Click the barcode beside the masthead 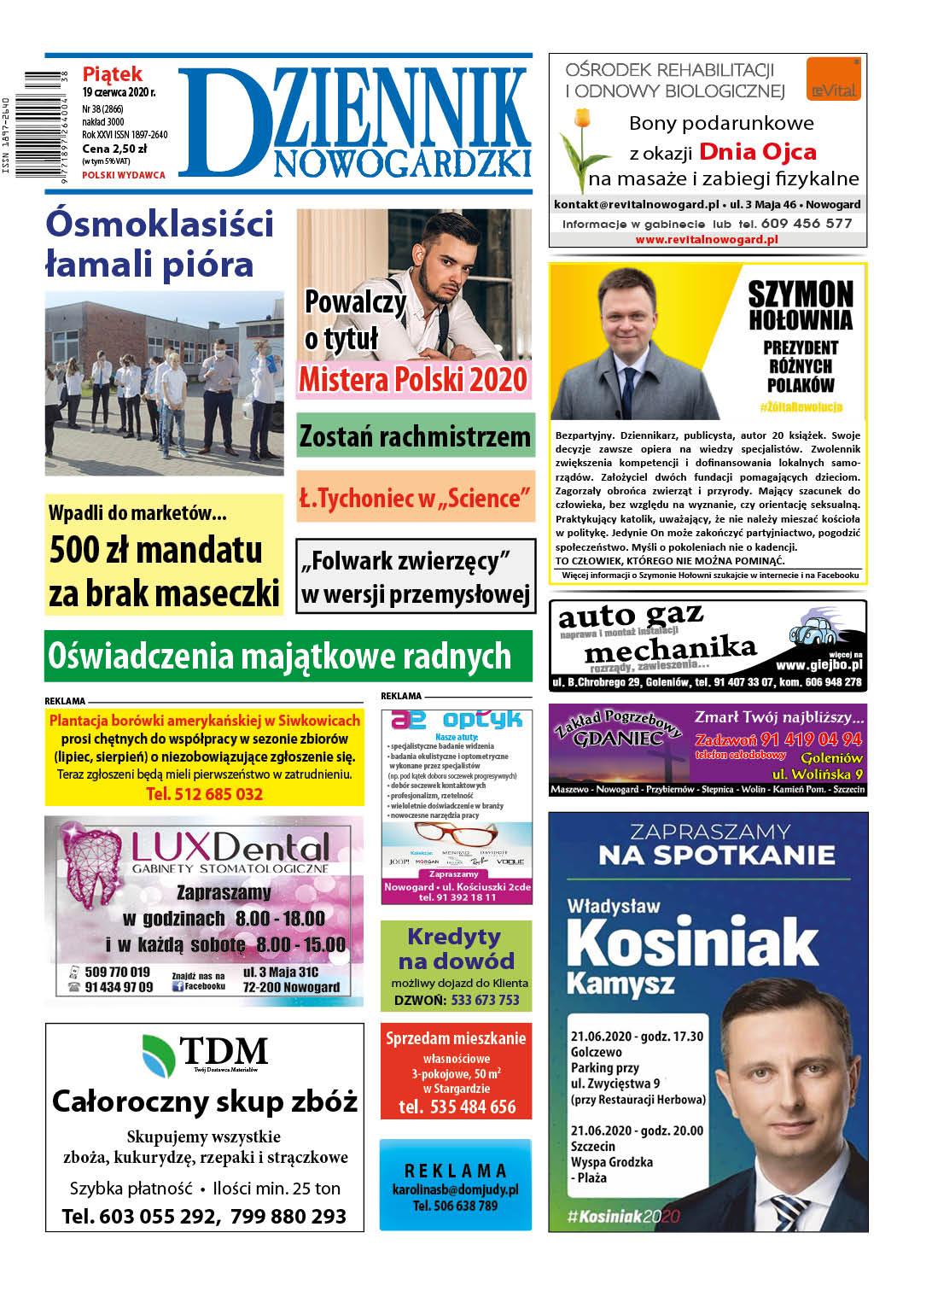coord(43,123)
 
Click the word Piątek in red coord(112,74)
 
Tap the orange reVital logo coord(833,79)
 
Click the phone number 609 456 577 coord(806,224)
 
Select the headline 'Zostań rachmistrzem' coord(415,436)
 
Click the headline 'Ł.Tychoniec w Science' coord(415,498)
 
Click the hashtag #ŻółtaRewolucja coord(800,407)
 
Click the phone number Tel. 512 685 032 coord(204,794)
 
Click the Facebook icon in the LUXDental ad coord(178,986)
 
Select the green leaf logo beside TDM coord(159,1054)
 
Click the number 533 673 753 coord(485,1000)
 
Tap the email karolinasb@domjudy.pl coord(455,1189)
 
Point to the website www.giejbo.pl coord(818,665)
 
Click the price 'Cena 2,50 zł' coord(114,149)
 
